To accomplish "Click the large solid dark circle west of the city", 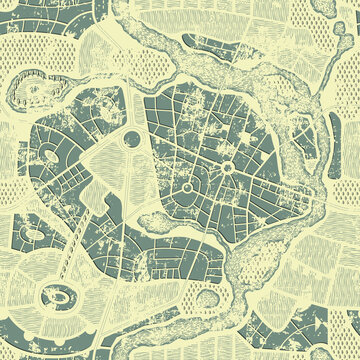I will (132, 140).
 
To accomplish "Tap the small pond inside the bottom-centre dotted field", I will (207, 297).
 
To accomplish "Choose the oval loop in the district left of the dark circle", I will (47, 155).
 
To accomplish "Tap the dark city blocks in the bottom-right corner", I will (300, 330).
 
